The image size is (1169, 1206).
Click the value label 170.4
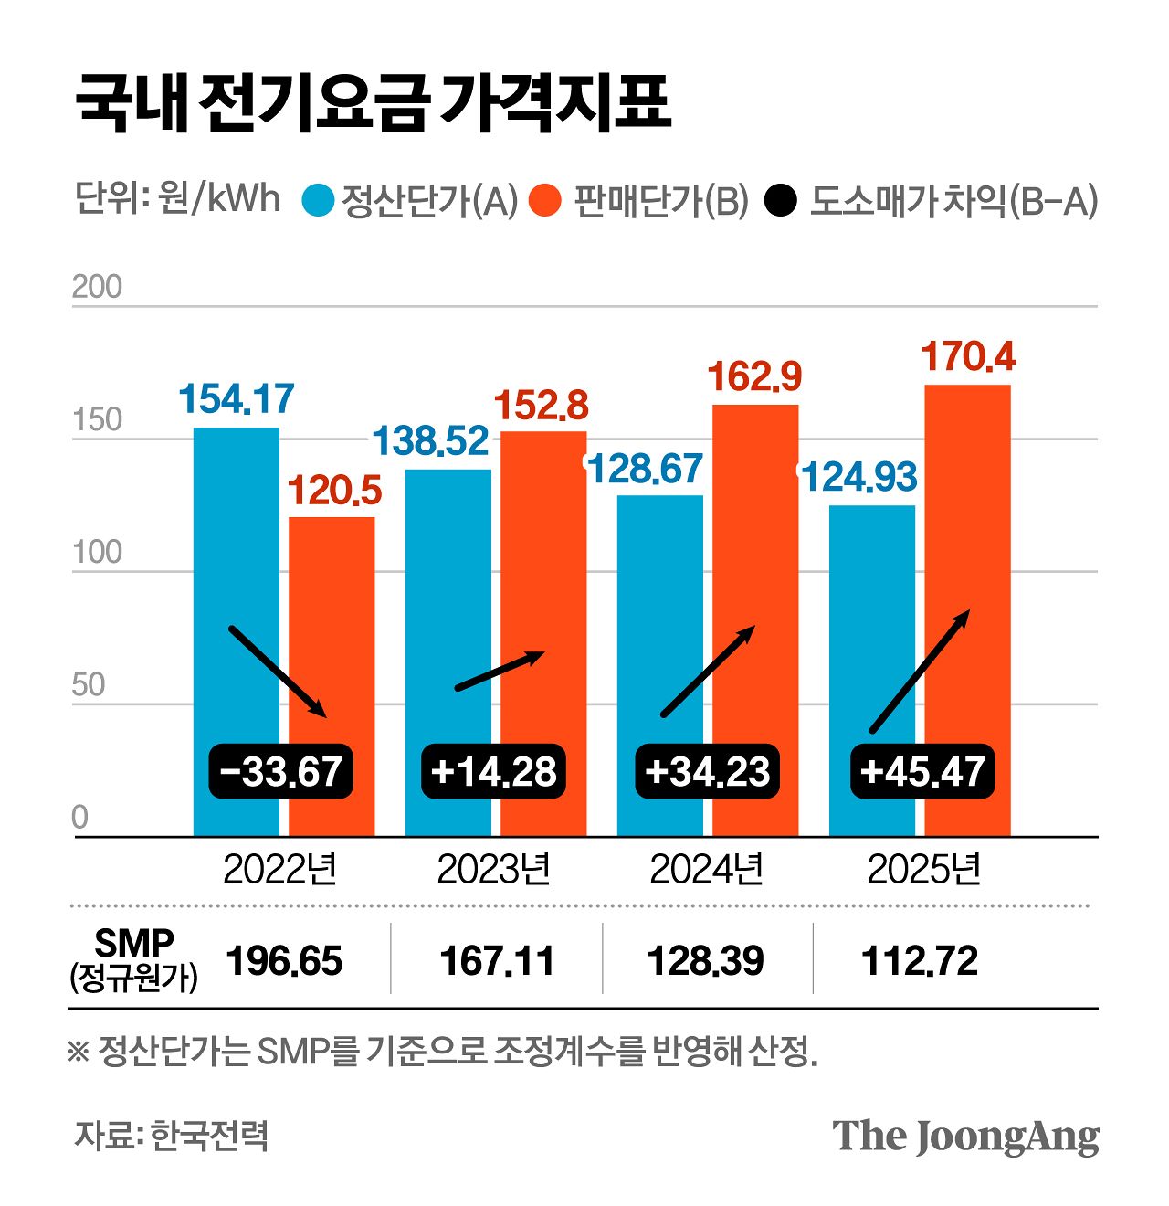(x=967, y=357)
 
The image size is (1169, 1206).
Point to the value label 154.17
(x=236, y=399)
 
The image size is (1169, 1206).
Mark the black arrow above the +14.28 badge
(x=500, y=671)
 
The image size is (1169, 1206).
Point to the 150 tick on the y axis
(x=97, y=420)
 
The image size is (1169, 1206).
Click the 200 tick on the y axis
(x=97, y=287)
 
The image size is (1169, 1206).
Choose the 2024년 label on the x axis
(x=706, y=869)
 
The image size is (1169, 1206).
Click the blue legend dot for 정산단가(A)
(x=319, y=200)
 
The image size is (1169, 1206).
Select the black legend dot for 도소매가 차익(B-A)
(x=781, y=200)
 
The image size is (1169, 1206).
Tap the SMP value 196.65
(x=284, y=961)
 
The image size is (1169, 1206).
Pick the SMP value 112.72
(x=920, y=961)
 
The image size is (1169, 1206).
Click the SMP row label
(x=133, y=959)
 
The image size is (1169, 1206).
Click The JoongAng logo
(x=965, y=1137)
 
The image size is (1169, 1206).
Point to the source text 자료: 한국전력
(x=171, y=1136)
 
